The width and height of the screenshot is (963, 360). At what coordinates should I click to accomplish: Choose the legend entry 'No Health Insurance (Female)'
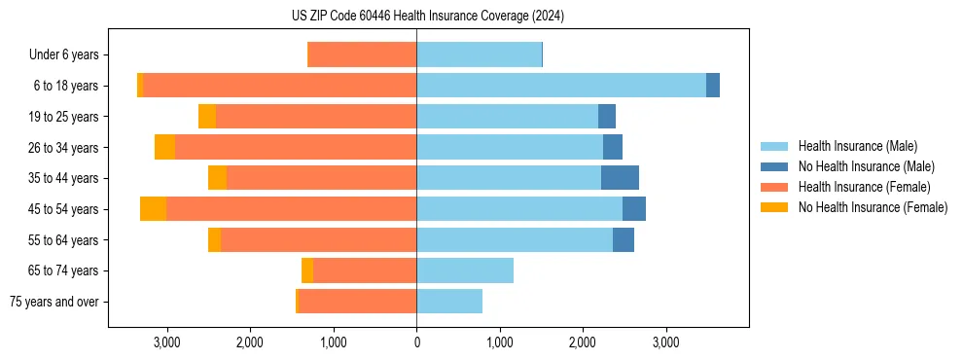(873, 207)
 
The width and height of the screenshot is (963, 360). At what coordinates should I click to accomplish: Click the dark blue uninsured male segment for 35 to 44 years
(620, 178)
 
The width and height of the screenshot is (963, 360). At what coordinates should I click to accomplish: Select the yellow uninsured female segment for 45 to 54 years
(153, 209)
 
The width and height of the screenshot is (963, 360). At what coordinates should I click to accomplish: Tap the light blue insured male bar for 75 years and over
(449, 302)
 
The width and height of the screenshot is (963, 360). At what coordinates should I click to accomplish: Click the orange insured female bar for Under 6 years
(362, 55)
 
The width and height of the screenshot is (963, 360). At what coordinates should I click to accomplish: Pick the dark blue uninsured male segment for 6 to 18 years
(713, 86)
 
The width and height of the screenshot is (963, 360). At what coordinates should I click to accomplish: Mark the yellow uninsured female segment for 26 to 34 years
(164, 147)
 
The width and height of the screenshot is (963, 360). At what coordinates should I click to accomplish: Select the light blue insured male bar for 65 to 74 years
(465, 270)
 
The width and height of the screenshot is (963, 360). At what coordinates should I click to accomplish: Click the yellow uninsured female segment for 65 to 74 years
(307, 270)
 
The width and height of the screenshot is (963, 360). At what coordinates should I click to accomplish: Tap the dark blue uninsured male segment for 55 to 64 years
(624, 240)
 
